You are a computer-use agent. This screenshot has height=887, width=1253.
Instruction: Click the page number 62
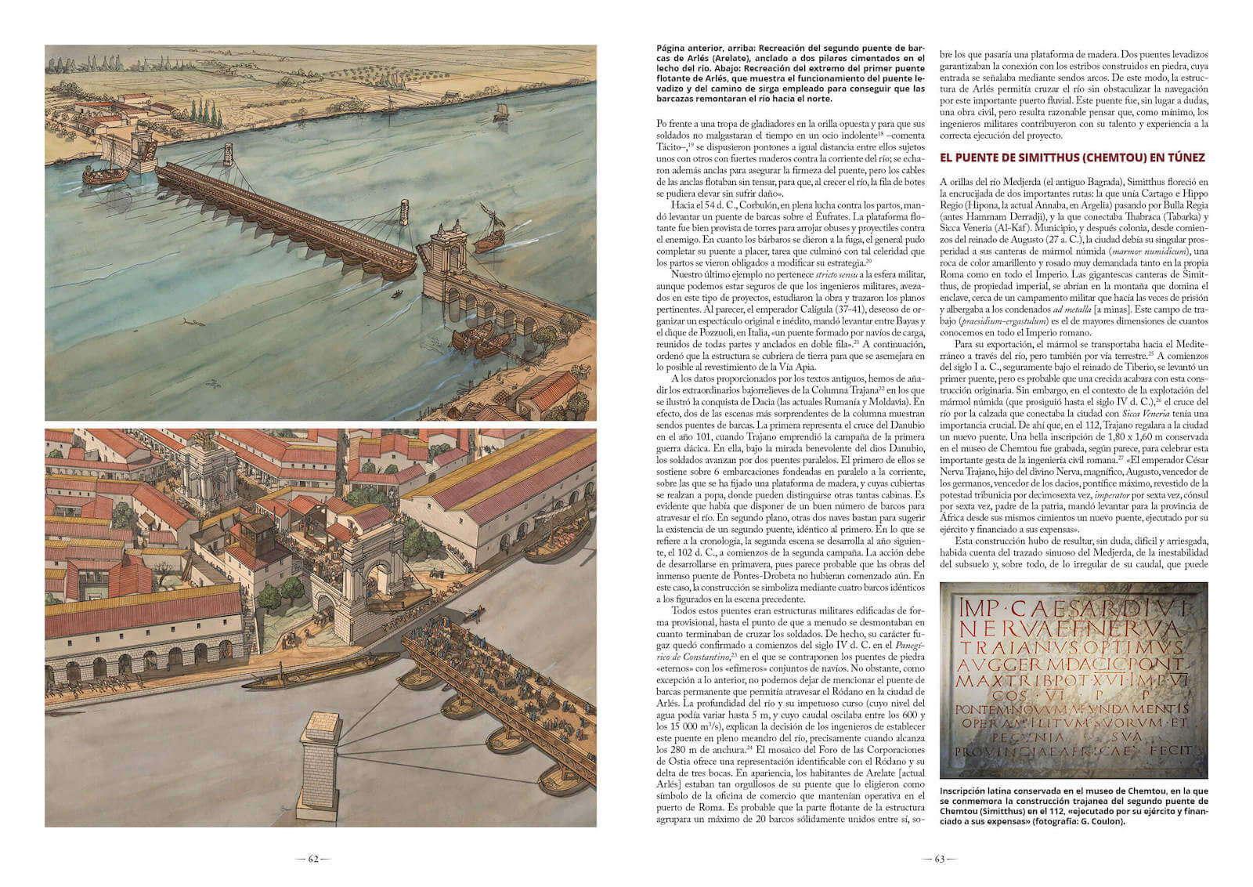[312, 859]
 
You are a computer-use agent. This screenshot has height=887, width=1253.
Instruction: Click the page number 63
[940, 859]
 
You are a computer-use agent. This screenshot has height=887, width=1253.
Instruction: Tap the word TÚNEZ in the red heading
[1182, 157]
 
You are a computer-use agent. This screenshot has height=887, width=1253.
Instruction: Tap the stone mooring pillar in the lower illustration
[320, 760]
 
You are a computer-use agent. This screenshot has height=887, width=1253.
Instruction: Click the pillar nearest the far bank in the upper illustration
[228, 153]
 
